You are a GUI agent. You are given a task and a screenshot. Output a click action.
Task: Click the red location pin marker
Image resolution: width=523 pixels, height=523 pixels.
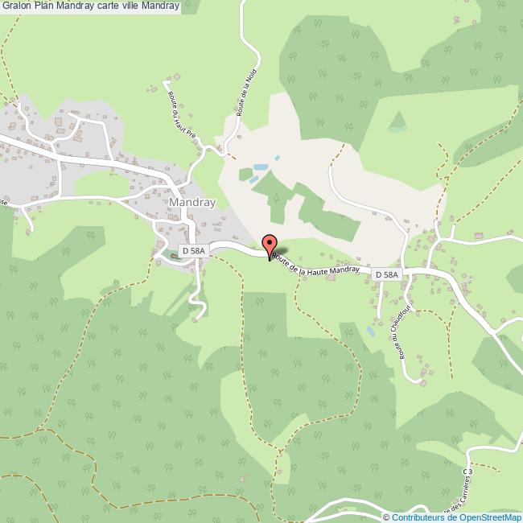[270, 245]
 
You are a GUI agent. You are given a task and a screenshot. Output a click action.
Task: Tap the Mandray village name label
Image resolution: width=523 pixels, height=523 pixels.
[191, 203]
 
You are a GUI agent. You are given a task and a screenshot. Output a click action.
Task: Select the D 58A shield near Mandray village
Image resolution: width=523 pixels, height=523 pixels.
[193, 251]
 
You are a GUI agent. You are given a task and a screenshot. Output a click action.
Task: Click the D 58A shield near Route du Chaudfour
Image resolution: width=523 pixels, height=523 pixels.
[387, 275]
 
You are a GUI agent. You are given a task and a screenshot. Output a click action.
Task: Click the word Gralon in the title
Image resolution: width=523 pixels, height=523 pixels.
[16, 6]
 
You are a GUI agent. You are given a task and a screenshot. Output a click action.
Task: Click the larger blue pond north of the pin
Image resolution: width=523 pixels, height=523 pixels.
[260, 167]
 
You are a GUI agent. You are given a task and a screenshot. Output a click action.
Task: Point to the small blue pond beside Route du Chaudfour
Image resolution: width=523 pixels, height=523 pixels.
[370, 330]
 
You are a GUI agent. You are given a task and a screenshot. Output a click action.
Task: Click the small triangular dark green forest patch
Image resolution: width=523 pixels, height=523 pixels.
[397, 121]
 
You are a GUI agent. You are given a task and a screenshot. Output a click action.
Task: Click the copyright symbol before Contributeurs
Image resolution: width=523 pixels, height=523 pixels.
[386, 517]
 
